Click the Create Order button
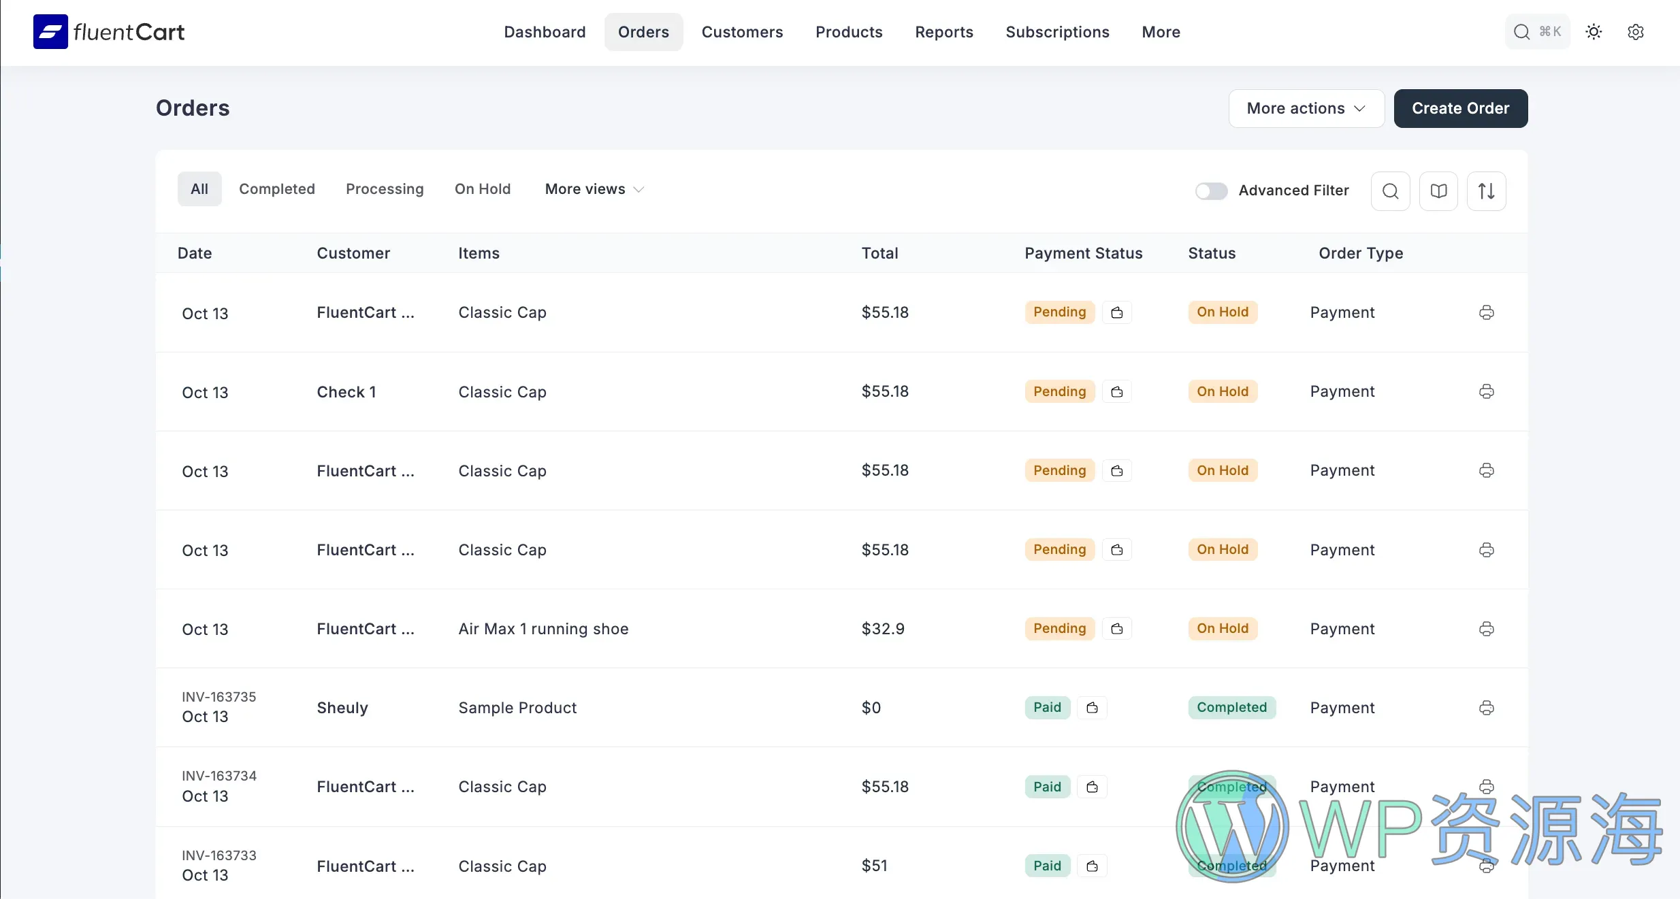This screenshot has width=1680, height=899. pos(1460,108)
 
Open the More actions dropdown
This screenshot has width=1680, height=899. pos(1306,108)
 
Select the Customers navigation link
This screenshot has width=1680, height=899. pos(742,32)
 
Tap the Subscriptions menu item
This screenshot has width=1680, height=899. pos(1057,32)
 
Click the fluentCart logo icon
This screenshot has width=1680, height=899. pos(50,31)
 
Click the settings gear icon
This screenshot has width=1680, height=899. pos(1635,32)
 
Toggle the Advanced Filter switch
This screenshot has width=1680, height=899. pos(1211,191)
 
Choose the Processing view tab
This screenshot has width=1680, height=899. pos(385,189)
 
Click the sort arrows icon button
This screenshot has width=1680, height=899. pos(1486,191)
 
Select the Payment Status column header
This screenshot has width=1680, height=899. pos(1083,253)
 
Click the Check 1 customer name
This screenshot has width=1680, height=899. pos(346,392)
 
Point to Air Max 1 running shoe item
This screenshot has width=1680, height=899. pos(543,629)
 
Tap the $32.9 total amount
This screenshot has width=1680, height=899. pos(883,629)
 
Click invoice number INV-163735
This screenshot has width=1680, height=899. pos(219,697)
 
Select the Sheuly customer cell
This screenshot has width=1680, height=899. pos(342,708)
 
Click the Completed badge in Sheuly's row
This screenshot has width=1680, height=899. pos(1231,708)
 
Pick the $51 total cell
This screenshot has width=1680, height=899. pos(874,866)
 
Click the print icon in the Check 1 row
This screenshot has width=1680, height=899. pos(1486,392)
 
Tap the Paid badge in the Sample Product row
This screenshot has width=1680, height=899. pos(1047,708)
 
